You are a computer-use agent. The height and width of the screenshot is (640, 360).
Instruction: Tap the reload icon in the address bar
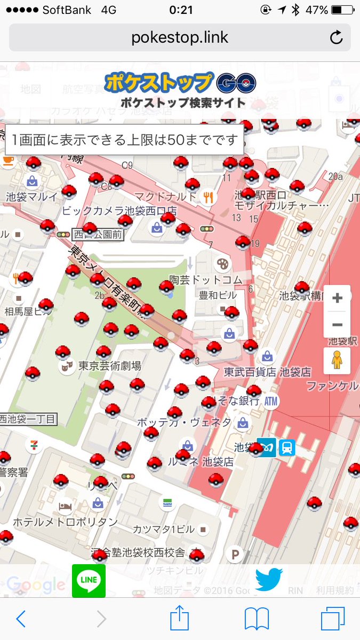pyautogui.click(x=336, y=37)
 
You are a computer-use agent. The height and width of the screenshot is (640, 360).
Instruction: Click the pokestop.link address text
pyautogui.click(x=180, y=37)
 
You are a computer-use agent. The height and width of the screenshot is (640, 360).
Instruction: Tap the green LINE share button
pyautogui.click(x=89, y=581)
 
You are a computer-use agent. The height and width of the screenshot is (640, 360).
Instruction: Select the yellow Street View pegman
pyautogui.click(x=337, y=361)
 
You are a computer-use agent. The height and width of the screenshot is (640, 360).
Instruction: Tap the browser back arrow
pyautogui.click(x=21, y=619)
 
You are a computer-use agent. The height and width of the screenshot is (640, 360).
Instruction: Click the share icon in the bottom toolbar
pyautogui.click(x=180, y=619)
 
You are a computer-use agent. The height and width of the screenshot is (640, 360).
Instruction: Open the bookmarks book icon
pyautogui.click(x=256, y=619)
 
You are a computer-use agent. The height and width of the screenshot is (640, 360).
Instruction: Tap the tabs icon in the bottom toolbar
pyautogui.click(x=333, y=619)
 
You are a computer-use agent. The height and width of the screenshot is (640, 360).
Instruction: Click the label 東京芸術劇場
pyautogui.click(x=109, y=366)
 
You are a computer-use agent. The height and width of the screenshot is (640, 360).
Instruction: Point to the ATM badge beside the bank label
pyautogui.click(x=271, y=401)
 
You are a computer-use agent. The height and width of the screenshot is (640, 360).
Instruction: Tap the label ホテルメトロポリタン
pyautogui.click(x=65, y=522)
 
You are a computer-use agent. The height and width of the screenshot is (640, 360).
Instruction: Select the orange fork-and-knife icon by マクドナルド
pyautogui.click(x=208, y=197)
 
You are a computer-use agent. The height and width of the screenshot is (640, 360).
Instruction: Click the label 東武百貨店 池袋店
pyautogui.click(x=267, y=372)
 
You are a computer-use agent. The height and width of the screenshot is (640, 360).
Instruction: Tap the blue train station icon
pyautogui.click(x=286, y=447)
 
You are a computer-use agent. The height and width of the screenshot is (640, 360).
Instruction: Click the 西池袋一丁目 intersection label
pyautogui.click(x=29, y=419)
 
